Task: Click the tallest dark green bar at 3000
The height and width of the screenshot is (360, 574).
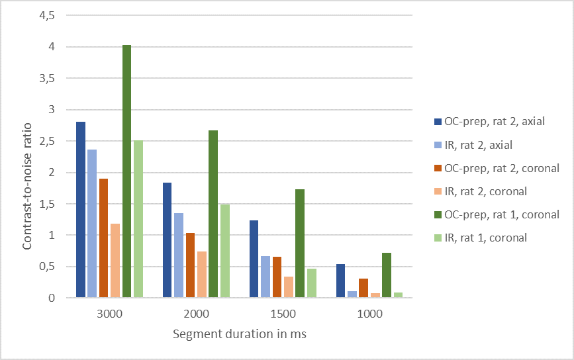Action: pos(126,171)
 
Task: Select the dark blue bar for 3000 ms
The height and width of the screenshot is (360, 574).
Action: pos(81,210)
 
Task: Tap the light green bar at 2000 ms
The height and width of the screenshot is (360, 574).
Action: pos(225,251)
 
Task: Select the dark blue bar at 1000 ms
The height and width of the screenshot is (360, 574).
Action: pos(341,281)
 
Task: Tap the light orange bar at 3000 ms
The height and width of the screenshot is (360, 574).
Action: pos(115,261)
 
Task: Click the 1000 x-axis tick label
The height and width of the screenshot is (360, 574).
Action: pos(369,314)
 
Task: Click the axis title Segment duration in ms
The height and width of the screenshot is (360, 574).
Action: pos(239,334)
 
